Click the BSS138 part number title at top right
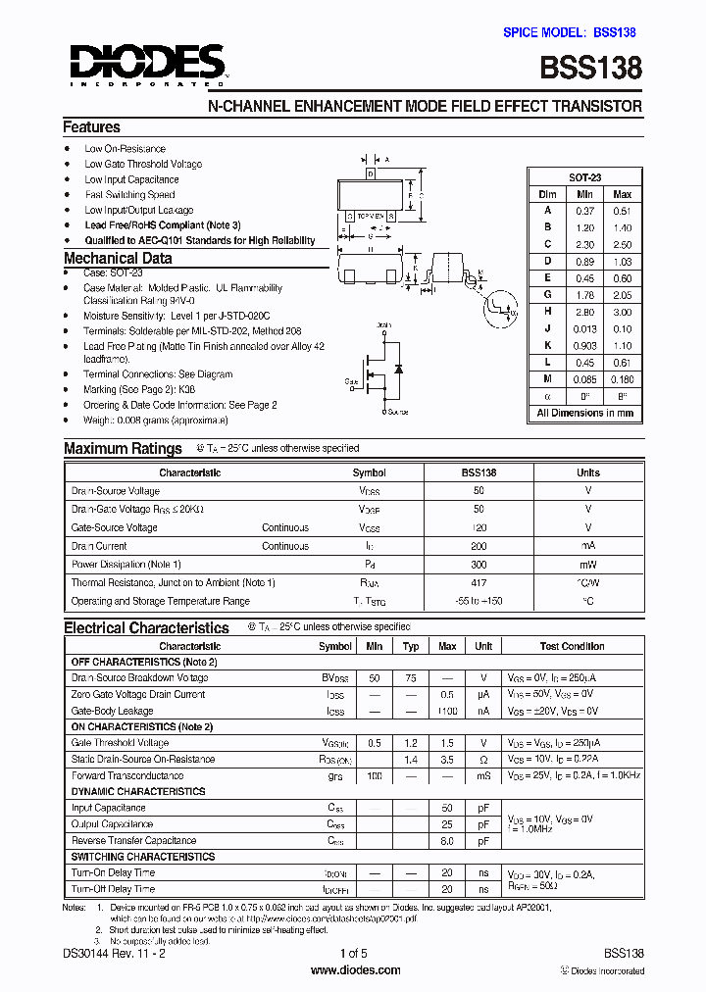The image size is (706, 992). (592, 68)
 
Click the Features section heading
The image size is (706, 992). (91, 127)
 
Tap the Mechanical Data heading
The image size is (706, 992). (118, 259)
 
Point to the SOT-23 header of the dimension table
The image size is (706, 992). (584, 177)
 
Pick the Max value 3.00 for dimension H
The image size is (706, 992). (622, 312)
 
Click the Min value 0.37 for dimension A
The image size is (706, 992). (585, 211)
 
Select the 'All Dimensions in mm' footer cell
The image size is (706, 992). (584, 414)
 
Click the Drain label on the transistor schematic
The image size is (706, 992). (385, 324)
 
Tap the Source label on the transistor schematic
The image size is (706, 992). (397, 412)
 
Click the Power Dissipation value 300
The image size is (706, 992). (479, 565)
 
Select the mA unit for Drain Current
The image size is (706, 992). (588, 546)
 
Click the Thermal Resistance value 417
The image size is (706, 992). (479, 583)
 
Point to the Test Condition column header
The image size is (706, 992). (572, 647)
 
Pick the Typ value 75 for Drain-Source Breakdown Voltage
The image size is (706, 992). (411, 678)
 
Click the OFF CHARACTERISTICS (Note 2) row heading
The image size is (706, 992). (144, 663)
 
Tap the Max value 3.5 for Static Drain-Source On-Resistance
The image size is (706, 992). (447, 760)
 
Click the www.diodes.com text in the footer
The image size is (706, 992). (354, 970)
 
